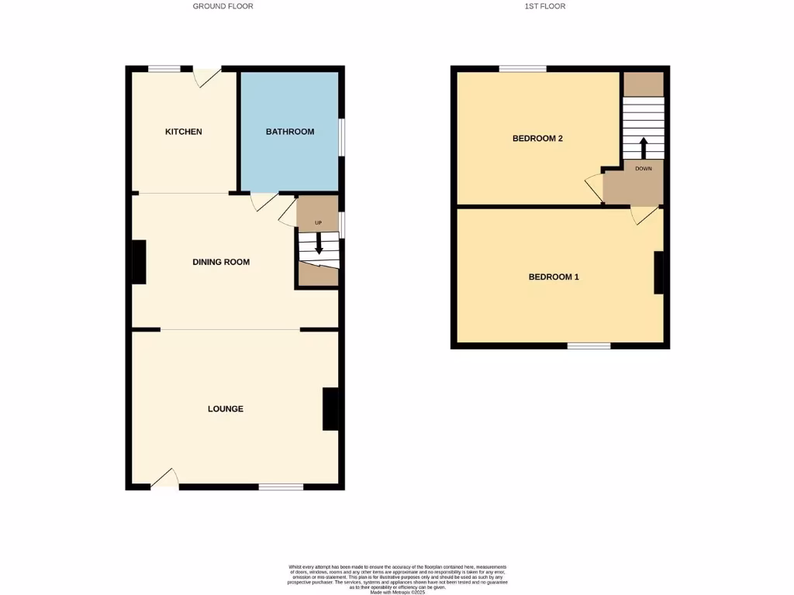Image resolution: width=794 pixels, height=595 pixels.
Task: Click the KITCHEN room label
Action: pos(184,132)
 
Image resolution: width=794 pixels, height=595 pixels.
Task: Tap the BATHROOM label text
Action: pos(290,132)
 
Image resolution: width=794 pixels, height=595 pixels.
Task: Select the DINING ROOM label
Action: pos(221,262)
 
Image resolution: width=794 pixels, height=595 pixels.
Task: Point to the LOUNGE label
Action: pos(226,408)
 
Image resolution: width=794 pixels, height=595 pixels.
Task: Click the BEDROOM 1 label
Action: pos(554,277)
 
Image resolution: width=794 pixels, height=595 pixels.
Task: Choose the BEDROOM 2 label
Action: pos(537,139)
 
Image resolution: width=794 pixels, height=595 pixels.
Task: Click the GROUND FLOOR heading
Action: pos(223,6)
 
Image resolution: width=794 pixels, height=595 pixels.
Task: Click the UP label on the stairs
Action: pos(318,224)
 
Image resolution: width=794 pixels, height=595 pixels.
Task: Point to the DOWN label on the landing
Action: pos(643,168)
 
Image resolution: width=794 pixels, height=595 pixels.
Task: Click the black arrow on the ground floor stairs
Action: pos(319,244)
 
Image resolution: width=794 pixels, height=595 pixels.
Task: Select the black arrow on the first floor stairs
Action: pos(643,146)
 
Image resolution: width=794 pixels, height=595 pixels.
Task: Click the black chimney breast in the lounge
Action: pos(330,408)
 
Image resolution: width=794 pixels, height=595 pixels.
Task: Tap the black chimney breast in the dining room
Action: pos(140,262)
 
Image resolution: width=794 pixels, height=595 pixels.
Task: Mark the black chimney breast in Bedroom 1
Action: pos(658,273)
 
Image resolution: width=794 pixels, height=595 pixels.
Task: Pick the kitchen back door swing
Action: pos(206,77)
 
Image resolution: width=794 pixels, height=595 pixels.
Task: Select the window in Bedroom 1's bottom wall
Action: pos(589,345)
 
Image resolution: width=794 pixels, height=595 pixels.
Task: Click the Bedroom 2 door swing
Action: pos(595,188)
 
